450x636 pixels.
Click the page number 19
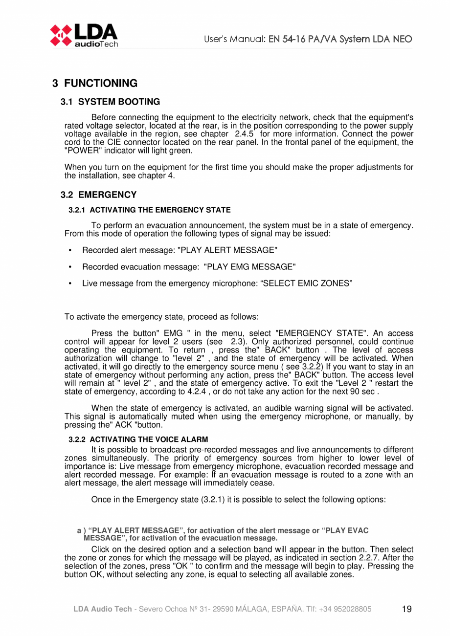point(406,609)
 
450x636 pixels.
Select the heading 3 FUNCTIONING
point(95,84)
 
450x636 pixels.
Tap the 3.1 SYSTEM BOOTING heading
point(110,102)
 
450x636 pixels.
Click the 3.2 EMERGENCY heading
point(98,195)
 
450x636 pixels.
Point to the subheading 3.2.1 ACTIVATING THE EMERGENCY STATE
point(149,210)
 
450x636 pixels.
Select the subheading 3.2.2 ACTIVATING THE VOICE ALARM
point(138,439)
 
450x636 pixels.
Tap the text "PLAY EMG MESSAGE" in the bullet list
point(249,267)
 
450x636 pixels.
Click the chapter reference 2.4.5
point(244,134)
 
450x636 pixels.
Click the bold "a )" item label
point(81,530)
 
